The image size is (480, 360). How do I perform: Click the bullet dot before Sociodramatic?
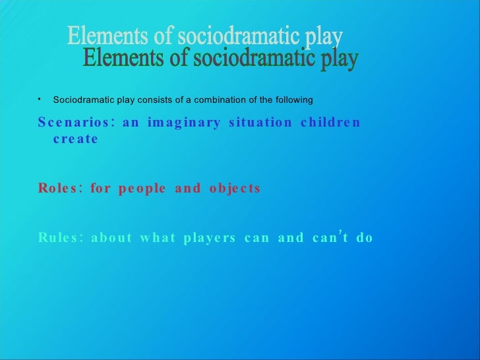click(40, 99)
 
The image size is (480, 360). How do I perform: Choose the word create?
click(75, 139)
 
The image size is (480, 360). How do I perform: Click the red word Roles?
click(60, 188)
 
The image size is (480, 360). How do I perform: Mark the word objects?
click(235, 189)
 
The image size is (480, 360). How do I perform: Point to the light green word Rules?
click(60, 238)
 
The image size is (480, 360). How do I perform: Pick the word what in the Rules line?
click(156, 238)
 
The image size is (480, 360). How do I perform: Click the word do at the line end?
click(365, 238)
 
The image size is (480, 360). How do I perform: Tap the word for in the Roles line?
click(101, 188)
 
